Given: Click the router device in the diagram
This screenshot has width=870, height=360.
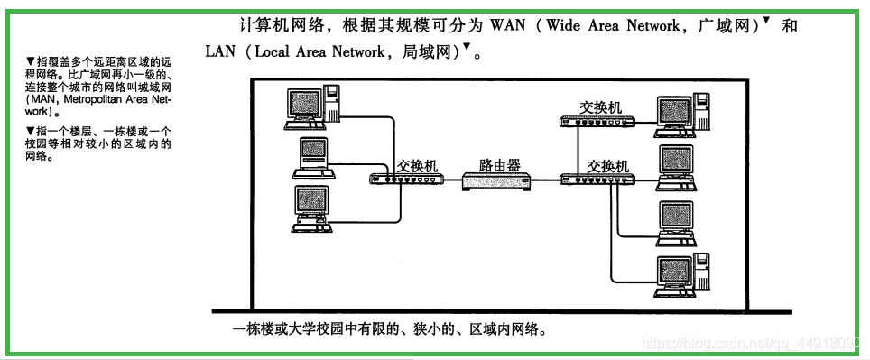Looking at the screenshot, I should [495, 181].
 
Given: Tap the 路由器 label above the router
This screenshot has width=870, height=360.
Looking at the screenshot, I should [499, 165].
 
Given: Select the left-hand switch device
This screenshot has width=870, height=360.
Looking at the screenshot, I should [406, 180].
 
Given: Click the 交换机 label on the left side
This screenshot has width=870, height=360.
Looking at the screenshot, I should [417, 166].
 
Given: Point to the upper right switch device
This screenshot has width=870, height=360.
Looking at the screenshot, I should [598, 121].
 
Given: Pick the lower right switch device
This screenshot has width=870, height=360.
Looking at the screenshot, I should [597, 180].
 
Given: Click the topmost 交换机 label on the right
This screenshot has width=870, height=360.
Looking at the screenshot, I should [601, 106].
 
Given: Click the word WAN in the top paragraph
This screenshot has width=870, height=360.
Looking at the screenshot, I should [507, 26].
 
